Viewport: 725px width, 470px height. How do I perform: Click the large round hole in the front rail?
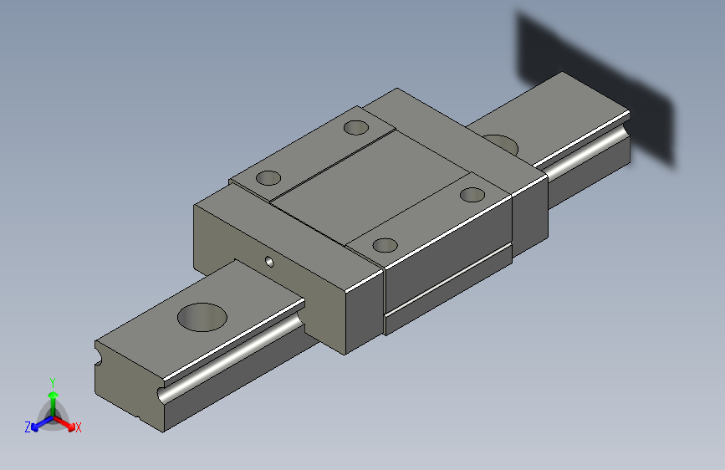pyautogui.click(x=202, y=318)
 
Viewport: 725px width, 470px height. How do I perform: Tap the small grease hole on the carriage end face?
pyautogui.click(x=269, y=261)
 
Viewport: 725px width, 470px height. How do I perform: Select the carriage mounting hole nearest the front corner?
pyautogui.click(x=385, y=245)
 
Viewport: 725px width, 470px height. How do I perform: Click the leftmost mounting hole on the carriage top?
pyautogui.click(x=269, y=177)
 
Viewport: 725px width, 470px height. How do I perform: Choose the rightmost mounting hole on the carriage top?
pyautogui.click(x=472, y=195)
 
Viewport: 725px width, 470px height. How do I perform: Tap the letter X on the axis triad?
pyautogui.click(x=79, y=428)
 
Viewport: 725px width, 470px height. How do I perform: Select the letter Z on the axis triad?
pyautogui.click(x=28, y=427)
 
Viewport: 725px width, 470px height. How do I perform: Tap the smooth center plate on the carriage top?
pyautogui.click(x=368, y=192)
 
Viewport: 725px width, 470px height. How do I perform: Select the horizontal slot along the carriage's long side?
pyautogui.click(x=447, y=284)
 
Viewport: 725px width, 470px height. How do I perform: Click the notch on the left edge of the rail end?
pyautogui.click(x=100, y=359)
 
